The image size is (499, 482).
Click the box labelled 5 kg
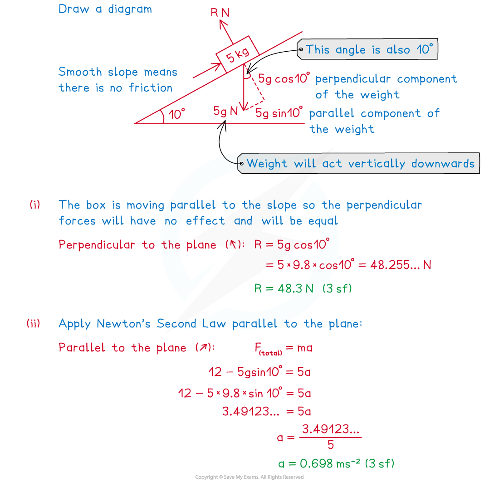click(x=238, y=54)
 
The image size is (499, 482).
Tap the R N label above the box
click(x=220, y=13)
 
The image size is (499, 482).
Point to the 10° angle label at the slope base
click(x=176, y=114)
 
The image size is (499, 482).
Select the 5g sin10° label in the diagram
click(x=279, y=112)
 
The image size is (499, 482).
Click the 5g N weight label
click(x=225, y=111)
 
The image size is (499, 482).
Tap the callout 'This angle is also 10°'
click(x=367, y=49)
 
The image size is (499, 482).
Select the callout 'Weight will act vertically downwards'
click(x=359, y=163)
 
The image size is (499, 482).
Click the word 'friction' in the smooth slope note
click(x=151, y=88)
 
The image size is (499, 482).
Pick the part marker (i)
click(x=35, y=204)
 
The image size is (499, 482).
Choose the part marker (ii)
click(x=34, y=323)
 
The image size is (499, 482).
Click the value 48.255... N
click(x=401, y=265)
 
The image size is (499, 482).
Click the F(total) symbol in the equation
click(x=268, y=349)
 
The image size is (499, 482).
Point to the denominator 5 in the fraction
click(x=331, y=445)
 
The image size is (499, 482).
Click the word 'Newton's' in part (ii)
click(x=123, y=324)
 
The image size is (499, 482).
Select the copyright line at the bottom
click(x=249, y=477)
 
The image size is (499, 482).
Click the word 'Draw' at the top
click(x=73, y=9)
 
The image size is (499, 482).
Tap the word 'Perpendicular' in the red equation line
click(x=97, y=245)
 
